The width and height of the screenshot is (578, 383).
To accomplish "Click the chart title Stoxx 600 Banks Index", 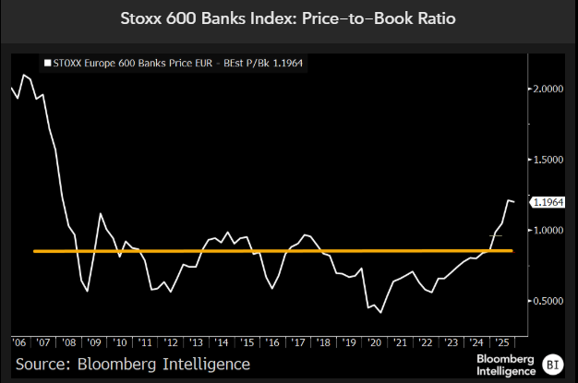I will click(288, 18).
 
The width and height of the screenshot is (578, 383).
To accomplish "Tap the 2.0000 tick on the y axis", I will click(548, 90).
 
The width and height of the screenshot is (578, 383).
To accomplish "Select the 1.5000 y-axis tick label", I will click(548, 160).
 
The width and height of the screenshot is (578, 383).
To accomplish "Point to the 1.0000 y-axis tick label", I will click(548, 231).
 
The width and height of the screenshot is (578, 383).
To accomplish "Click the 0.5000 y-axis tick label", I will click(548, 301).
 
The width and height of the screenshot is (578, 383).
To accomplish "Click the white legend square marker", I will click(47, 64).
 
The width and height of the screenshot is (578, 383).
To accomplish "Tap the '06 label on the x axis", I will click(19, 342).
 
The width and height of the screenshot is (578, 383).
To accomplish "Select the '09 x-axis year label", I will click(96, 342).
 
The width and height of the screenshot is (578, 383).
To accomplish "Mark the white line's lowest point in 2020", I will click(381, 313).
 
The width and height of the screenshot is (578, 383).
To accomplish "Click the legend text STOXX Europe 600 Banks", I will click(129, 64).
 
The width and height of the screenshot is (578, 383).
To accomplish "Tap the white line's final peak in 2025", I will click(507, 199).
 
